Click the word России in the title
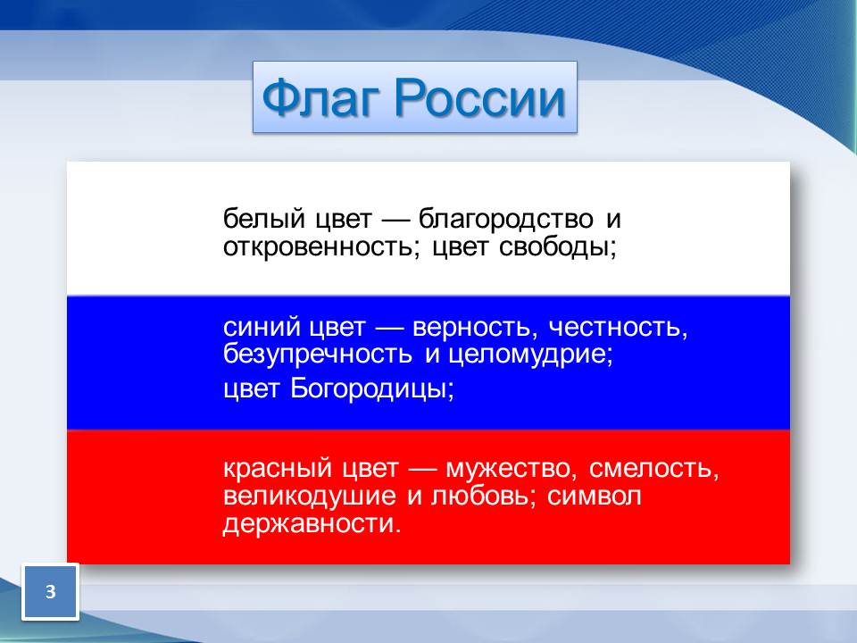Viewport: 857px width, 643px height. click(x=480, y=98)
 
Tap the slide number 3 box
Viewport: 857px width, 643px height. click(x=50, y=591)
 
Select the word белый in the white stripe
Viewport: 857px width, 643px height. click(x=264, y=220)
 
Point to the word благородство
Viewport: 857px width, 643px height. click(x=505, y=220)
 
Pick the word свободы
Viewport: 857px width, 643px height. click(x=557, y=247)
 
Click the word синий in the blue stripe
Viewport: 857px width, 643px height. click(x=262, y=328)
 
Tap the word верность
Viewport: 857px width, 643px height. click(x=471, y=328)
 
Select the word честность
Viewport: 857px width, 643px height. click(x=618, y=328)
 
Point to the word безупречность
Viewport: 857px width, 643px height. click(x=318, y=355)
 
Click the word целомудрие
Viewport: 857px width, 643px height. click(x=530, y=355)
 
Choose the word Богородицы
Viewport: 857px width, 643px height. click(x=371, y=389)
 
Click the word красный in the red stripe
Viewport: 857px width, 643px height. click(x=278, y=469)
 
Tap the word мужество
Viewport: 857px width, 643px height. click(x=509, y=470)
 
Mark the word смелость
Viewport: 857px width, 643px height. click(x=653, y=470)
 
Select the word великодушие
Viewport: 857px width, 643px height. click(x=310, y=497)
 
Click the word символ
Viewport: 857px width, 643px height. click(x=595, y=497)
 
